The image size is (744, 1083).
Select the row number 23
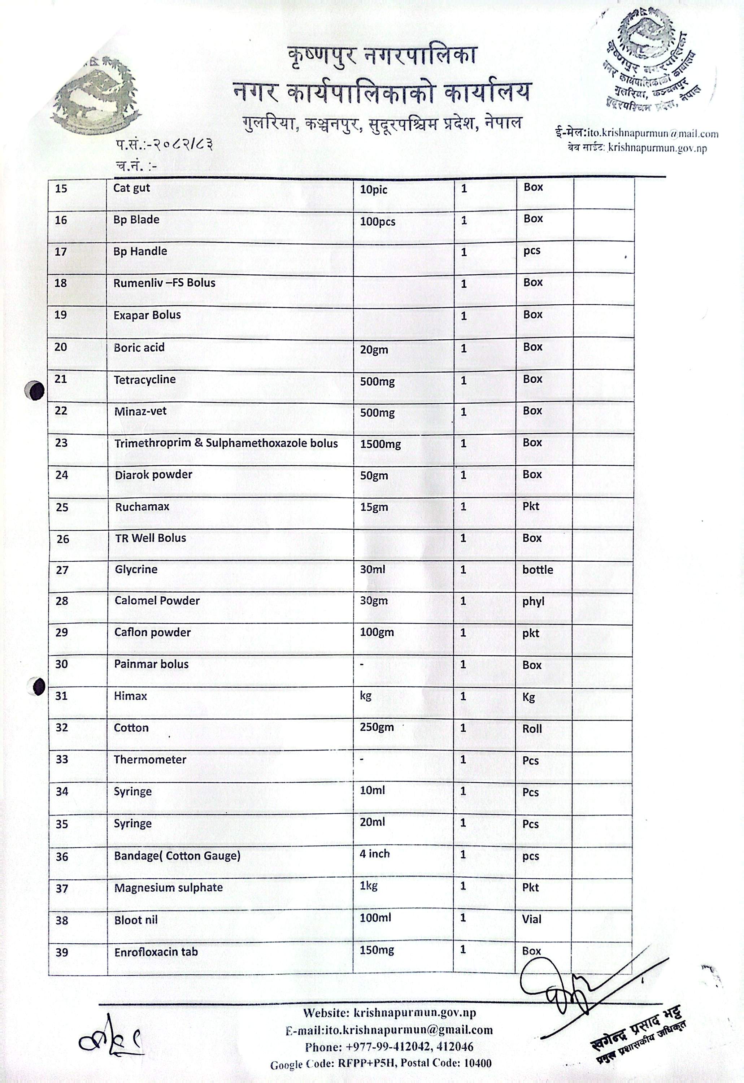(61, 443)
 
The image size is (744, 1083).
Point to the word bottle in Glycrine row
(537, 570)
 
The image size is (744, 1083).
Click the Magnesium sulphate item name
(168, 888)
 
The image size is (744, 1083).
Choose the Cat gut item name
(131, 188)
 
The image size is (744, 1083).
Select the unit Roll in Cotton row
(532, 729)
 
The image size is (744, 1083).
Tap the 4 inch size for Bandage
(374, 854)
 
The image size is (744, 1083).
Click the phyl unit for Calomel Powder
(533, 602)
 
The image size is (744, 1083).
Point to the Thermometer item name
(150, 760)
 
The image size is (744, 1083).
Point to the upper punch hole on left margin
(35, 391)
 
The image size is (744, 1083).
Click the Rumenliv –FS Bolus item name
(164, 283)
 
